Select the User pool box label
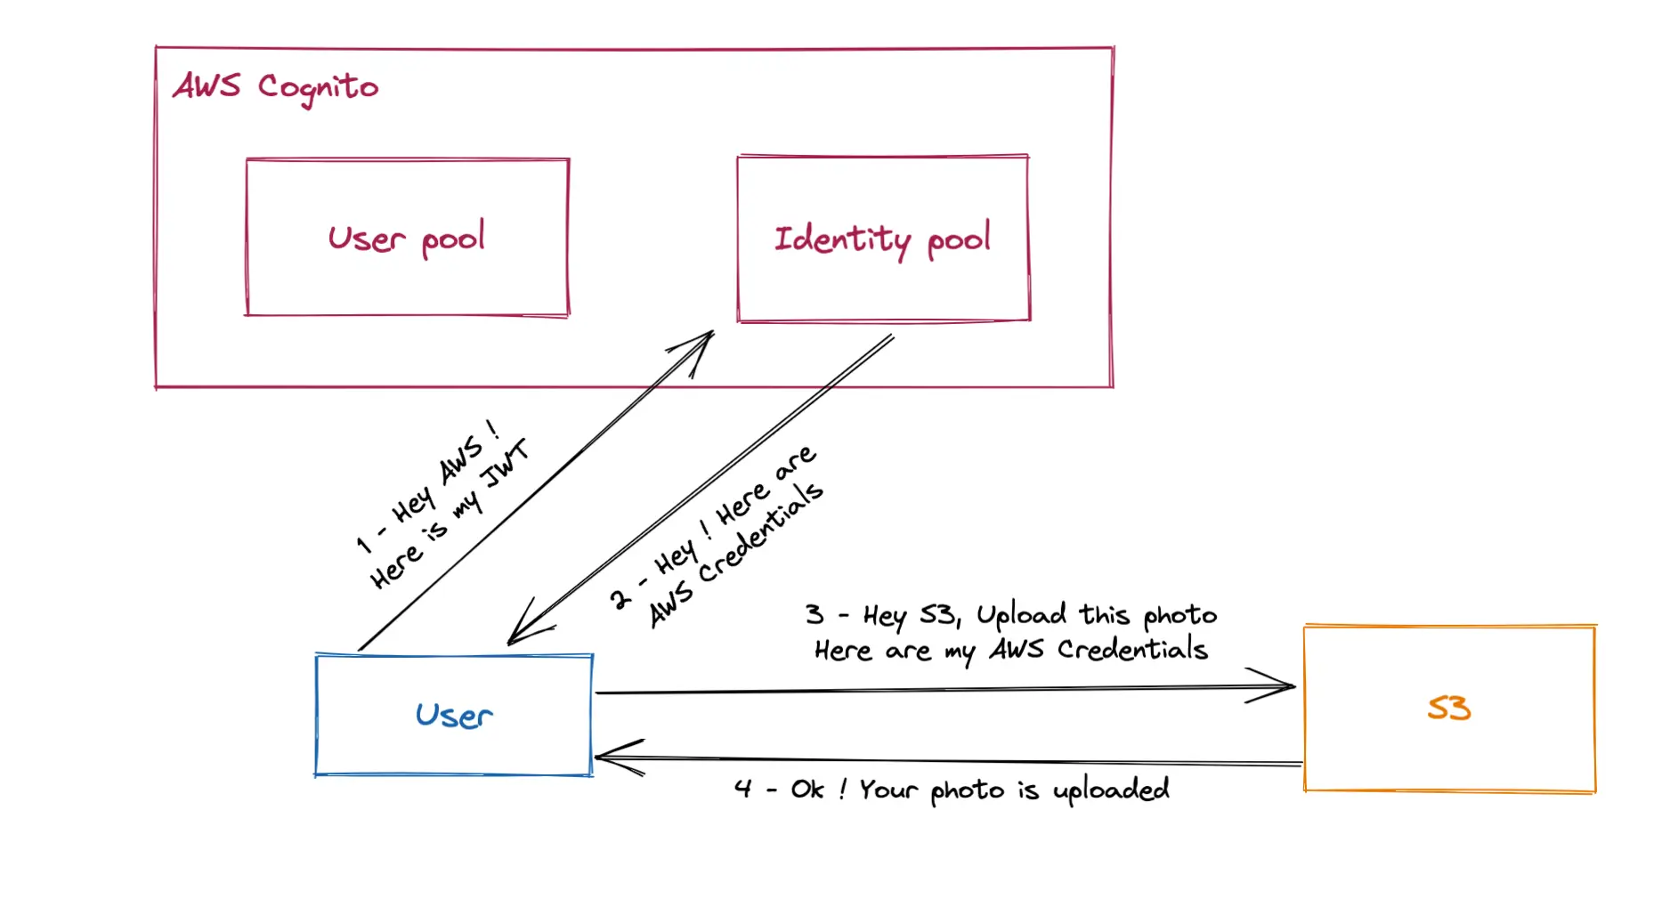pos(407,239)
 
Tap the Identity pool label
pos(881,239)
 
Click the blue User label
pos(454,716)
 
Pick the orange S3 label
pos(1448,709)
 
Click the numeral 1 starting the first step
pos(363,543)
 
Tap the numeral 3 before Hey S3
pos(815,614)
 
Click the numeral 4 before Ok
pos(743,789)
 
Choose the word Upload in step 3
pos(1020,615)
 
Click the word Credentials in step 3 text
pos(1132,650)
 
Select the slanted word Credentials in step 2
pos(761,532)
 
